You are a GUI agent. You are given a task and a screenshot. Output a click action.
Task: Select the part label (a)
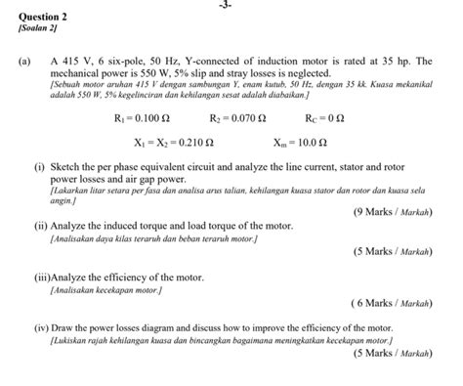pyautogui.click(x=24, y=62)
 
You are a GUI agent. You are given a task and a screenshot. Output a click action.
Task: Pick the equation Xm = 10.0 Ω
pyautogui.click(x=309, y=143)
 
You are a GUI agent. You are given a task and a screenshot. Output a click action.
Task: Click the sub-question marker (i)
pyautogui.click(x=40, y=168)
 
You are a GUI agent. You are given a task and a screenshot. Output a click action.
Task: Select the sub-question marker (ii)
pyautogui.click(x=41, y=225)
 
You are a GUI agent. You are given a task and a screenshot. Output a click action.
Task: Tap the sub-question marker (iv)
pyautogui.click(x=42, y=329)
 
